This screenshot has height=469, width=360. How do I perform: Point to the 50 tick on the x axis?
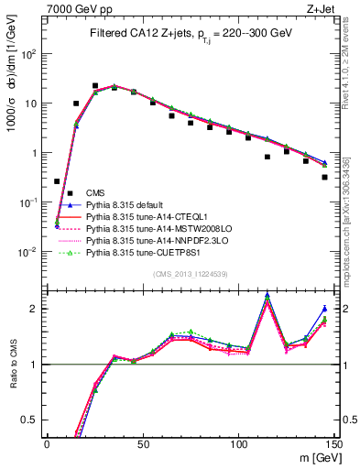coord(142,442)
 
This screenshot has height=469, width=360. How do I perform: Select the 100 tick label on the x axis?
coord(238,442)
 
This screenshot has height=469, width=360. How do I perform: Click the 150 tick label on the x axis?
coord(333,442)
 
